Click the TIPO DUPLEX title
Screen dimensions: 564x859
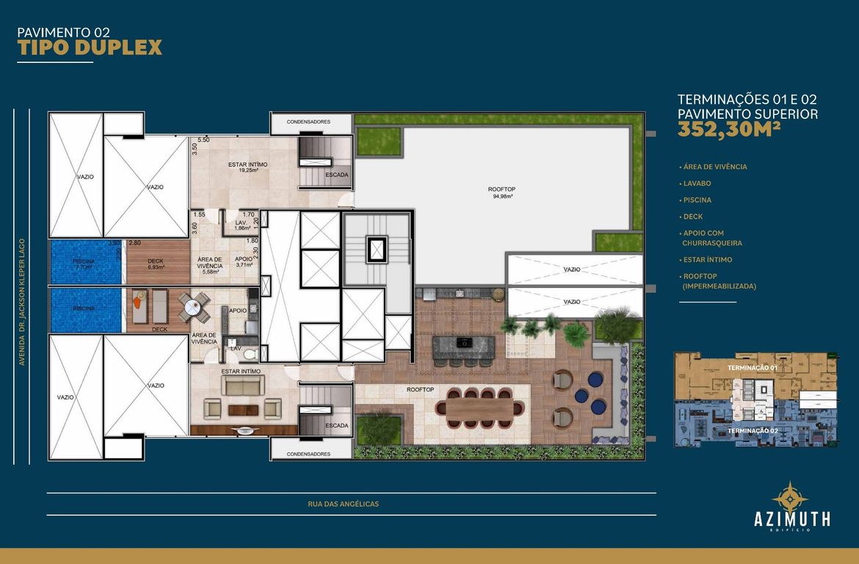[x=89, y=48]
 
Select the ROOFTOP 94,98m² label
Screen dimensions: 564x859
[x=501, y=192]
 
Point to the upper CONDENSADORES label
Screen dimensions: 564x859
[x=308, y=121]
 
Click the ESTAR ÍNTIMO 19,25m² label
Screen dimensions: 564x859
[x=247, y=167]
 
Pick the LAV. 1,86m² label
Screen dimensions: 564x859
[x=240, y=225]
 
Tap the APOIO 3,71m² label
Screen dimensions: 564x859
[x=244, y=262]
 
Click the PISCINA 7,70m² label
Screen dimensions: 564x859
[x=83, y=265]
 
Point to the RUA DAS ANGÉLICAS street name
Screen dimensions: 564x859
[x=344, y=504]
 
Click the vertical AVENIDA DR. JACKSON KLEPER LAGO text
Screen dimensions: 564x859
[x=23, y=302]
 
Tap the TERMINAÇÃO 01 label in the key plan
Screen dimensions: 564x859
[x=752, y=367]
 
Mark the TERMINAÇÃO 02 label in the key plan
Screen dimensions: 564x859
[x=752, y=431]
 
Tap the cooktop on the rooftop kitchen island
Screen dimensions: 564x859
[x=465, y=343]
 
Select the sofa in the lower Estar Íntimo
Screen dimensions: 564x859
[x=242, y=386]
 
